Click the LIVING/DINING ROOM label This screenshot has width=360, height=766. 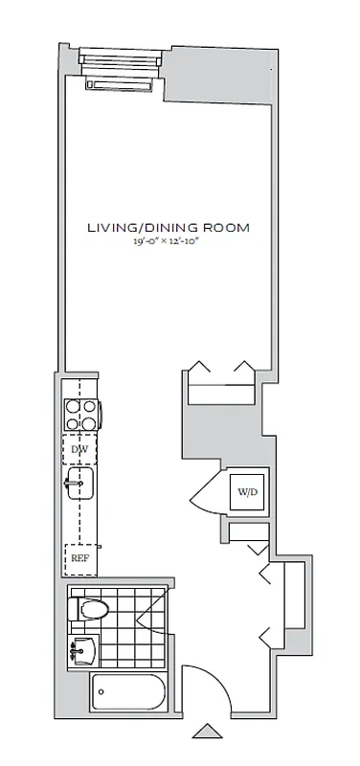click(169, 228)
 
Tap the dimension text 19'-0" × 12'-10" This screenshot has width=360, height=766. click(169, 243)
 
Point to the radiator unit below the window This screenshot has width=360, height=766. click(120, 85)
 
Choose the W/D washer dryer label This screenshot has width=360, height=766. click(247, 492)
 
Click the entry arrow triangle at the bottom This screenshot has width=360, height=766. click(207, 732)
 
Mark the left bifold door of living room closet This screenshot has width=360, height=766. click(200, 368)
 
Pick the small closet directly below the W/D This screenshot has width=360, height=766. click(247, 534)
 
